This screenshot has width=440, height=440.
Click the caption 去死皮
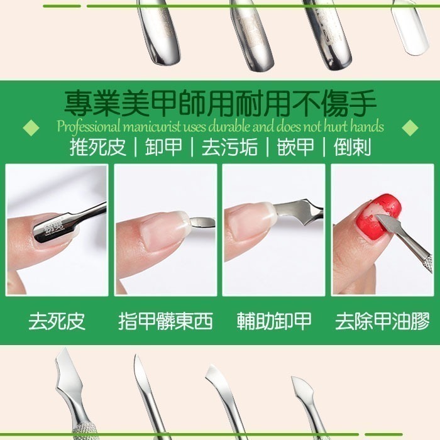pyautogui.click(x=57, y=322)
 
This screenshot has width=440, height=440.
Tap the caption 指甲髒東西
pyautogui.click(x=165, y=322)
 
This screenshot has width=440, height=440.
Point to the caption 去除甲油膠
pyautogui.click(x=382, y=322)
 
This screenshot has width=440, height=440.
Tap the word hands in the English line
pyautogui.click(x=366, y=126)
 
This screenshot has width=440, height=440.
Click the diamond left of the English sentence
pyautogui.click(x=30, y=128)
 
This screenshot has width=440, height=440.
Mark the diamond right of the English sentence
pyautogui.click(x=410, y=128)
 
